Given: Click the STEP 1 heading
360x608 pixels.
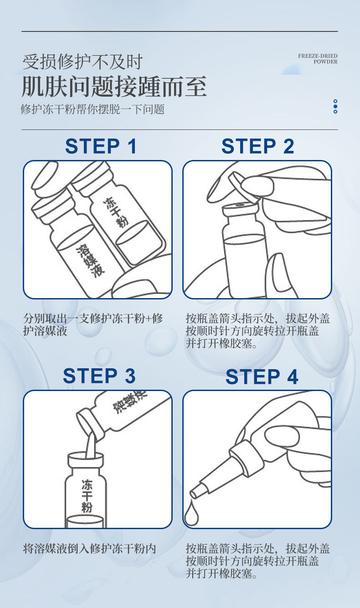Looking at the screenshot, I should (101, 146).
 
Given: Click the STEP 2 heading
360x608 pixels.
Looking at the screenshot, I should (257, 146).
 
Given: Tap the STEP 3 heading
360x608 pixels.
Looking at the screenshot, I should (99, 376).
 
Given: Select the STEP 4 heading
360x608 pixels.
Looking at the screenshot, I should (262, 377).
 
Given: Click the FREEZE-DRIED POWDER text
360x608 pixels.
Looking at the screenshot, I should (318, 59).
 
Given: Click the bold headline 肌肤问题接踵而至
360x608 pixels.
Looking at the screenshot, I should (114, 87).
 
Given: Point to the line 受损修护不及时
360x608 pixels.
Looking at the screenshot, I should (82, 62).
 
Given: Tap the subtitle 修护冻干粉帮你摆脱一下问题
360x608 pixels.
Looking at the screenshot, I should (93, 109).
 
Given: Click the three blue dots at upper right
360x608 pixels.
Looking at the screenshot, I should (335, 106).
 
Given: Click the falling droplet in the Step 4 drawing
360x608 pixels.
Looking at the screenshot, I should (191, 515).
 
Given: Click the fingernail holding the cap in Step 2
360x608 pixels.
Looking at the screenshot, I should (257, 185).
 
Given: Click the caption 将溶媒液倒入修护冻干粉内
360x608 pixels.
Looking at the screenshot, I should (90, 548).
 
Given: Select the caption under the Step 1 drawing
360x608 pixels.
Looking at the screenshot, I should (93, 325).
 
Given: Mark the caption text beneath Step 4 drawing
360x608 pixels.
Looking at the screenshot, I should (257, 561).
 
